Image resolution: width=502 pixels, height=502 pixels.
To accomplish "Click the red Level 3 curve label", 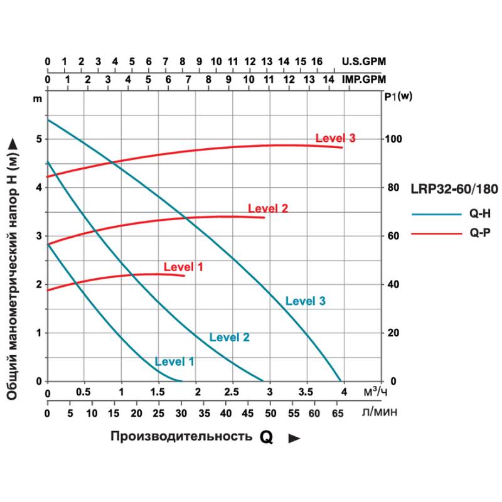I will point(335,138).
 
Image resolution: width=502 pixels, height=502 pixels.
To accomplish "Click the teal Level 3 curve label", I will point(305,301).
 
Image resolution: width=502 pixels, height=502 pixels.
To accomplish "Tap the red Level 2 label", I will point(267,208).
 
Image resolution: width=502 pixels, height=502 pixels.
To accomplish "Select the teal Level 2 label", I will point(229,337).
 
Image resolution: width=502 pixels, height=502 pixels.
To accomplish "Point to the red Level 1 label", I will point(183,267).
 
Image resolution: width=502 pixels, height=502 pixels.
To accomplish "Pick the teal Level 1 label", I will point(174,361).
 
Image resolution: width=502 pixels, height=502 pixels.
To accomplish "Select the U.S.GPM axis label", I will point(364,61).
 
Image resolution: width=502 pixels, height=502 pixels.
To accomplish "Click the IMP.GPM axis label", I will point(364,80).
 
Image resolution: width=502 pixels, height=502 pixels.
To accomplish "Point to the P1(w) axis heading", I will point(397,97).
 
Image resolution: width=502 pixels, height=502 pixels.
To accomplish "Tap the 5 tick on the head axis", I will point(38,139).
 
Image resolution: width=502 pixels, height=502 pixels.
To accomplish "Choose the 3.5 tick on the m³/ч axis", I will point(306,393).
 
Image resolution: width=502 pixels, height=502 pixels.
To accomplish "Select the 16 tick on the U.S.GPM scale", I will point(317,61).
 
